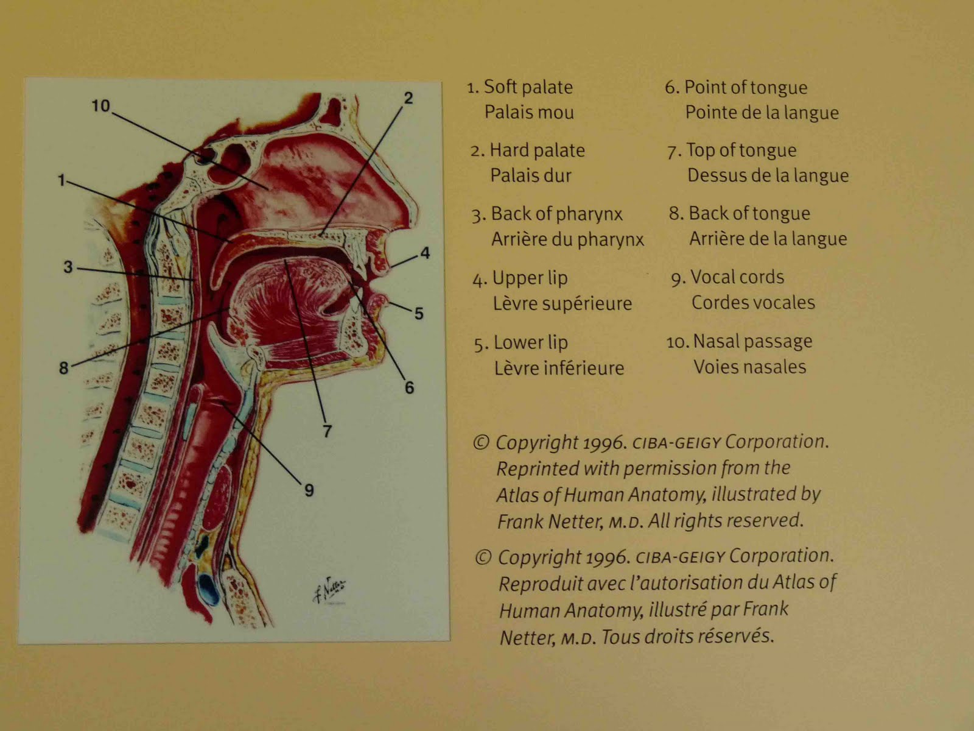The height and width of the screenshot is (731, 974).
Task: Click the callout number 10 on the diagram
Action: coord(100,106)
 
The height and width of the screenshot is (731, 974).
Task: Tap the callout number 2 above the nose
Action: coord(408,98)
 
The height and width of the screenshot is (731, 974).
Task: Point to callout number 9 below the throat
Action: coord(309,490)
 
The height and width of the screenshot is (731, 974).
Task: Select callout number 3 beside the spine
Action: coord(68,267)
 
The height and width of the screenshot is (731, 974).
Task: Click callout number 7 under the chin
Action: coord(327,431)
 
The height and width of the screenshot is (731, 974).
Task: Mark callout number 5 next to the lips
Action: coord(419,314)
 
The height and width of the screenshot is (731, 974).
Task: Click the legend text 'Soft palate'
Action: coord(528,87)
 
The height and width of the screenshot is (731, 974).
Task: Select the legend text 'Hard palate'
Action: coord(537,150)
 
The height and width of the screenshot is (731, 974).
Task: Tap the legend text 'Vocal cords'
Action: coord(737,277)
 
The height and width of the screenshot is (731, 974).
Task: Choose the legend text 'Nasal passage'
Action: coord(752,341)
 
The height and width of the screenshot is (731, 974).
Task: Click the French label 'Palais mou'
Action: coord(529,113)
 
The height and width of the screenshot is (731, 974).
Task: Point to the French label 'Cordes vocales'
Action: coord(753,303)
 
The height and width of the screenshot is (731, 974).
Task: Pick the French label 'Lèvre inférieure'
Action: coord(559,368)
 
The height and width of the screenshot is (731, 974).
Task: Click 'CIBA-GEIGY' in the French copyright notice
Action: coord(679,557)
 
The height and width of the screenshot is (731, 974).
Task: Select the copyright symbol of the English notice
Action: coord(481,442)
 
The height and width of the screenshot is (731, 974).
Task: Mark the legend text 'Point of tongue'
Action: coord(746,88)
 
